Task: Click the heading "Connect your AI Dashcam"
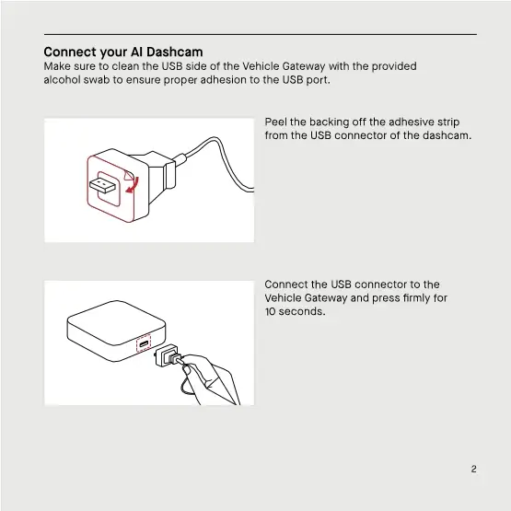pos(123,52)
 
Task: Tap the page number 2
pos(473,469)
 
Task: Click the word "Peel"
pos(276,122)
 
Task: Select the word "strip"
pos(448,122)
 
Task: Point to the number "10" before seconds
pos(271,311)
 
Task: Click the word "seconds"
pos(303,311)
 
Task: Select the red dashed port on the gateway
pos(144,344)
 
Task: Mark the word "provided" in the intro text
pos(394,66)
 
